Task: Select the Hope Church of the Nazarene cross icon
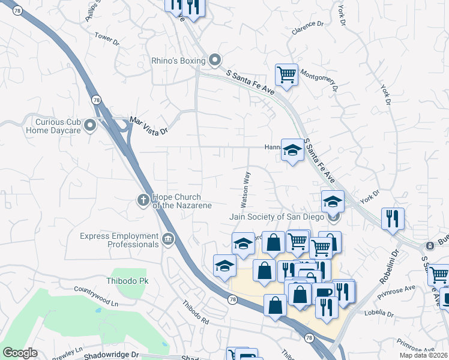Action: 144,200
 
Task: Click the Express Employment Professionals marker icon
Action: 167,239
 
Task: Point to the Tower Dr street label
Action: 107,38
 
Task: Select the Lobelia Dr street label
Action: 378,313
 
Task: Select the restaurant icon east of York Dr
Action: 393,218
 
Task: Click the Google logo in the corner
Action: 20,353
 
